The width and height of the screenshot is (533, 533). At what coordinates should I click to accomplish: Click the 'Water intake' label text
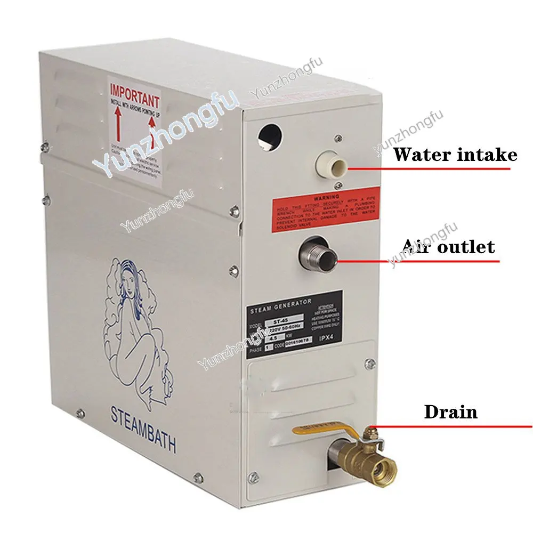455,155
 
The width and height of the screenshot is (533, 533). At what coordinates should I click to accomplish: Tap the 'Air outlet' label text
448,247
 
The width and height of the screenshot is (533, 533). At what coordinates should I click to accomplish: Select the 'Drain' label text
450,411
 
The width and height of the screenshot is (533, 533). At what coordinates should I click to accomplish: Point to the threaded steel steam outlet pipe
318,255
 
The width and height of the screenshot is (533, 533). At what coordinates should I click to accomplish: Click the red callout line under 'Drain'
453,426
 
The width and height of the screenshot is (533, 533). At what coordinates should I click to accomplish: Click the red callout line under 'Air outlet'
421,261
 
